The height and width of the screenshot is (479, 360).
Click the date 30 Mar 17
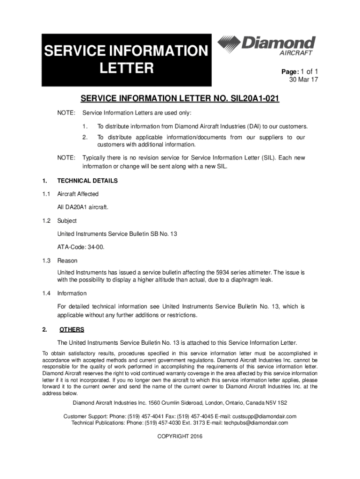pyautogui.click(x=304, y=80)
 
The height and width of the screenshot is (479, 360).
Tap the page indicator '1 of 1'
pyautogui.click(x=308, y=72)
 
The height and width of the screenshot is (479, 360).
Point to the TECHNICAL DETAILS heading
pyautogui.click(x=87, y=181)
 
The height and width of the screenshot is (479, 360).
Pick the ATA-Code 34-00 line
pyautogui.click(x=80, y=247)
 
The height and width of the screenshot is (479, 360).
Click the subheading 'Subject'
pyautogui.click(x=67, y=221)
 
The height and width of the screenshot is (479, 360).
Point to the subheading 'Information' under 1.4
pyautogui.click(x=72, y=293)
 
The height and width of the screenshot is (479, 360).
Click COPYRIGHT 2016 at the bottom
pyautogui.click(x=180, y=436)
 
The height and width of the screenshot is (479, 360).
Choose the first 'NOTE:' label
pyautogui.click(x=66, y=113)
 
